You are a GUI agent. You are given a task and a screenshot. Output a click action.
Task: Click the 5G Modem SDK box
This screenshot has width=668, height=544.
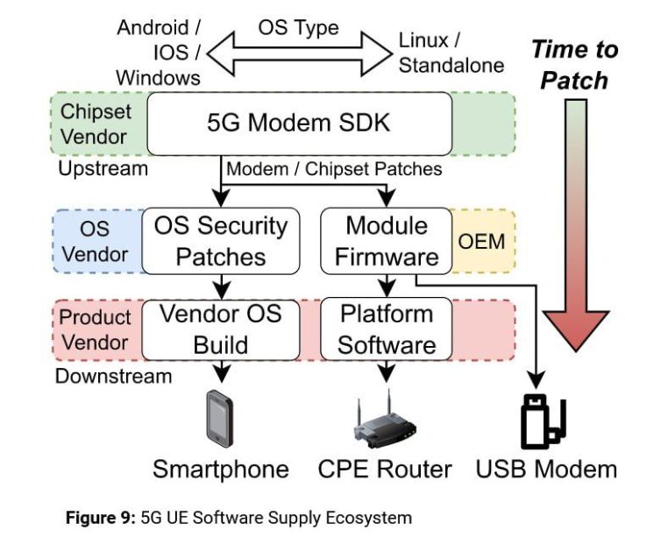298,123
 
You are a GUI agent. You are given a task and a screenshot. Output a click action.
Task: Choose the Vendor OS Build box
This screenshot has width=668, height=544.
221,328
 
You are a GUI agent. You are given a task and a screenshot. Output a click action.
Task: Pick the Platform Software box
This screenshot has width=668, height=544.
386,328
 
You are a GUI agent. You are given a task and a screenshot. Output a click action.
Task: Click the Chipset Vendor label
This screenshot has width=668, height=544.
94,124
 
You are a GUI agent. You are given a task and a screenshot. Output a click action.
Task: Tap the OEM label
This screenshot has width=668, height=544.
482,240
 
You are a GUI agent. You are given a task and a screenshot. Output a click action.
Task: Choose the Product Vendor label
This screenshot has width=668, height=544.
95,329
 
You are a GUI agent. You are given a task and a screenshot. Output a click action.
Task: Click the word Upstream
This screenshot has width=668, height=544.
103,167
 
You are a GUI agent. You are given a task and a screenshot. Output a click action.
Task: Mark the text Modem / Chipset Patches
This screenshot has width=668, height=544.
334,167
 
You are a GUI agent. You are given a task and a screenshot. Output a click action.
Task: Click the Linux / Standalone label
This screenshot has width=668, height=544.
451,53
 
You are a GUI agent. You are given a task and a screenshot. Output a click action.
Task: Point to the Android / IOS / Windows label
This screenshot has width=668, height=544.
159,52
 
